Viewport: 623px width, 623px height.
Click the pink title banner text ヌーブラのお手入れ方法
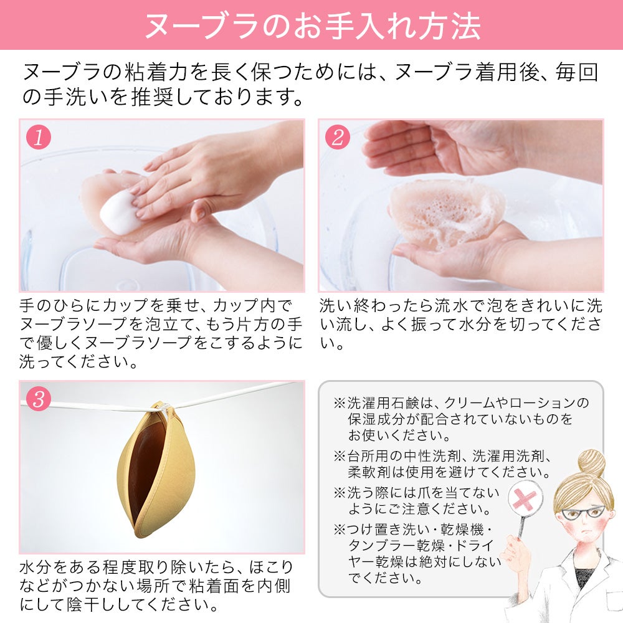pyautogui.click(x=311, y=25)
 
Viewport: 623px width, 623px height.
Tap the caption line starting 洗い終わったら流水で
pyautogui.click(x=461, y=307)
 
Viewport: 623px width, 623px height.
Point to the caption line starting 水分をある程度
pyautogui.click(x=156, y=568)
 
